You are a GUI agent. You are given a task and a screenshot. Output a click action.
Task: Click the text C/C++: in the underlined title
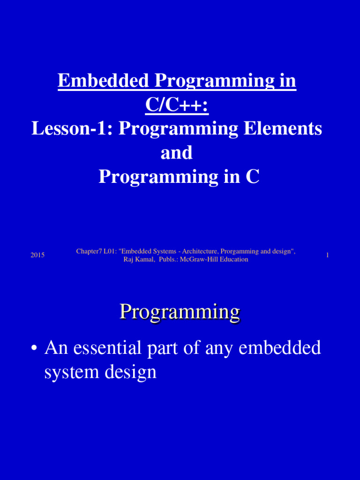pyautogui.click(x=177, y=105)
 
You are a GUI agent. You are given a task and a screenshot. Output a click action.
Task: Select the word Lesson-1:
pyautogui.click(x=72, y=128)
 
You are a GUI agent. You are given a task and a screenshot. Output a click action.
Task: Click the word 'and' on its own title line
pyautogui.click(x=177, y=153)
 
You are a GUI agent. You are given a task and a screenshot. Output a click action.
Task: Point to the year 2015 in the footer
pyautogui.click(x=37, y=255)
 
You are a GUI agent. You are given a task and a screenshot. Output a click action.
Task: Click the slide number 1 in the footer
pyautogui.click(x=327, y=255)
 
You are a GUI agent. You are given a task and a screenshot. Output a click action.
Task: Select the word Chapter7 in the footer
pyautogui.click(x=88, y=252)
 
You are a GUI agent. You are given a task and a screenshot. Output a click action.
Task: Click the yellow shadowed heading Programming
pyautogui.click(x=179, y=311)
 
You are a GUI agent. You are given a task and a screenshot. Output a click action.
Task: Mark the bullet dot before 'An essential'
pyautogui.click(x=34, y=349)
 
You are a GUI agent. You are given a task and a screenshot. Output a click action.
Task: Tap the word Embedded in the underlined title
pyautogui.click(x=102, y=81)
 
